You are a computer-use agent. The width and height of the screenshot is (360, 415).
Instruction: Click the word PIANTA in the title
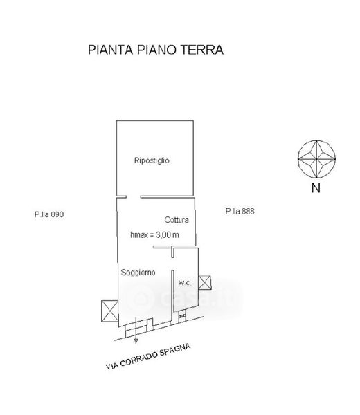(110, 50)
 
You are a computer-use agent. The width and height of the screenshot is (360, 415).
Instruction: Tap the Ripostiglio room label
(152, 160)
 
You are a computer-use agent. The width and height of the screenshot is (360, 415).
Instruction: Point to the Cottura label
(177, 220)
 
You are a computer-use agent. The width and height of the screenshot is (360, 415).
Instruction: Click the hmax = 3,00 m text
(154, 234)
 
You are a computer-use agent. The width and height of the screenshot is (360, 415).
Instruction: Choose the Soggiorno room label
(138, 273)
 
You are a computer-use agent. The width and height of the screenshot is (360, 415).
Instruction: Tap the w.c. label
(184, 283)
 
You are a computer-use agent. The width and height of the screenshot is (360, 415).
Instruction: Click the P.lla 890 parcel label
(49, 214)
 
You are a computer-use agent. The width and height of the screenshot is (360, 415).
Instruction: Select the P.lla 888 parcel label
(240, 211)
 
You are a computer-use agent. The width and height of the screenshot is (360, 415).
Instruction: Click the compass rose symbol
(316, 159)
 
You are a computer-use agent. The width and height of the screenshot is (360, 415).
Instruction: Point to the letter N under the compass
(316, 188)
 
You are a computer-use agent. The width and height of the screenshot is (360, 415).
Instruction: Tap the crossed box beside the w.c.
(205, 282)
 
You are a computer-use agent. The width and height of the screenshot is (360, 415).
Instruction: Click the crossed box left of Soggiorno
(109, 311)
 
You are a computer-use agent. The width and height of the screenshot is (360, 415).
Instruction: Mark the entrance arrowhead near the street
(136, 341)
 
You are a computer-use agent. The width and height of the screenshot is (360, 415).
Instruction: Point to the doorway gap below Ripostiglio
(133, 197)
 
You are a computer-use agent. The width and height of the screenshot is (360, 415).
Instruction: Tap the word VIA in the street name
(111, 366)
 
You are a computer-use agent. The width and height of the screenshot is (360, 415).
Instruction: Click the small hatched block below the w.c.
(182, 316)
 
